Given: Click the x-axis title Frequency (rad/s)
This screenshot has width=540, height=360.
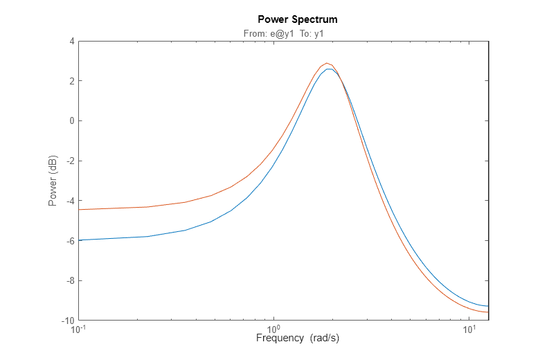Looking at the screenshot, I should coord(298,339).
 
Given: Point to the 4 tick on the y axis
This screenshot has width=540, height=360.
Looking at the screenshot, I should coord(71,42).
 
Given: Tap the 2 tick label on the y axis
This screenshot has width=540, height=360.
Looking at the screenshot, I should coord(71,81).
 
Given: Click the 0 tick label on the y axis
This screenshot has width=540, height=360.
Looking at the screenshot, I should coord(71,121).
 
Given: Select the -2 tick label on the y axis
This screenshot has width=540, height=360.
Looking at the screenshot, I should coord(69,161).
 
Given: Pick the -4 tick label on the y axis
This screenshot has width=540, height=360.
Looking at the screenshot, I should coord(69,201).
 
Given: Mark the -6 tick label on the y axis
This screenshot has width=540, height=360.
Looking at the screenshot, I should coord(69,241).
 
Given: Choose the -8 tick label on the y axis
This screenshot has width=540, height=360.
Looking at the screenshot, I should coord(69,281).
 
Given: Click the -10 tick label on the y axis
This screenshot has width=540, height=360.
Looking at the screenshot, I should coord(66,321).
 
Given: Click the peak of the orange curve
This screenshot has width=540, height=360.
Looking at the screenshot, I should coord(327,63).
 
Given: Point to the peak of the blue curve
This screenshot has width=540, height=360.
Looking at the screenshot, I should coord(330,69).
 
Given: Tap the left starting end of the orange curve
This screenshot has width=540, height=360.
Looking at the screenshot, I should coord(79,210).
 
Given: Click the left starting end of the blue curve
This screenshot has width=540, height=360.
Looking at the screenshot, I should coord(79,240).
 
